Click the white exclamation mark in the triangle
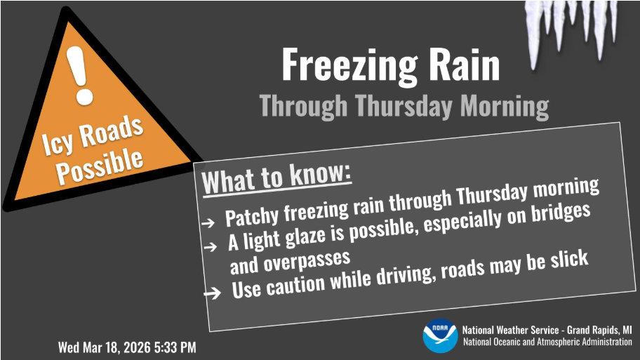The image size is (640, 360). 80,76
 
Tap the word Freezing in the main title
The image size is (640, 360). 349,65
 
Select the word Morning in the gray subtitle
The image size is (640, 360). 505,106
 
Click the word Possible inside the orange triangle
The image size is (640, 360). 100,166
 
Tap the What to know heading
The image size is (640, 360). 276,178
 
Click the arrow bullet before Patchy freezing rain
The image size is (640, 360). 208,223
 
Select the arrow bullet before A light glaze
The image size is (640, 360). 211,246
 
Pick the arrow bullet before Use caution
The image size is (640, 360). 212,292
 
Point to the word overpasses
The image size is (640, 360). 307,261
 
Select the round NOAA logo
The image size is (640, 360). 440,335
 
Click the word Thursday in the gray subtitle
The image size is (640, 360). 404,106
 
